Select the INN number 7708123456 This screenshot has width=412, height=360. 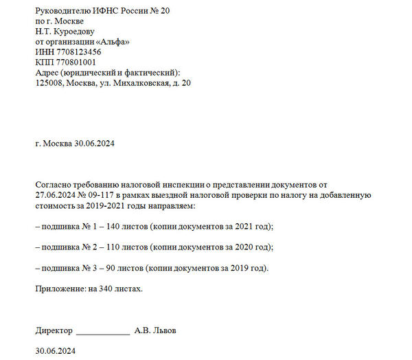click(x=76, y=52)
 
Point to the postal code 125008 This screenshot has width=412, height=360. click(x=49, y=83)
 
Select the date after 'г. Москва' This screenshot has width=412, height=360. click(x=93, y=144)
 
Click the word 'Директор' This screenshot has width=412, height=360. click(x=53, y=330)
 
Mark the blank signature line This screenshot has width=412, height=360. click(x=102, y=332)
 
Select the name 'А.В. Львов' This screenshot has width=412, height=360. click(x=155, y=330)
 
